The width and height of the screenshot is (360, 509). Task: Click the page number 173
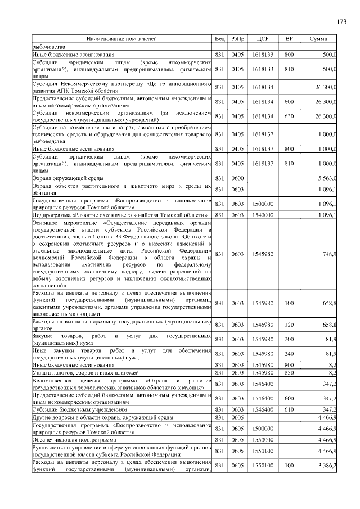tap(341, 22)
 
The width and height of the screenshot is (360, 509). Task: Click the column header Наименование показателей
tap(121, 39)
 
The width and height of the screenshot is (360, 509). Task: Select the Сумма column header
tap(319, 39)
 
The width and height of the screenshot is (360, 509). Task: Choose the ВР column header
tap(289, 39)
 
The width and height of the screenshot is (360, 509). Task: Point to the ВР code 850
tap(289, 373)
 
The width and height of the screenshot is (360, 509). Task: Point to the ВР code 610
tap(289, 409)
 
